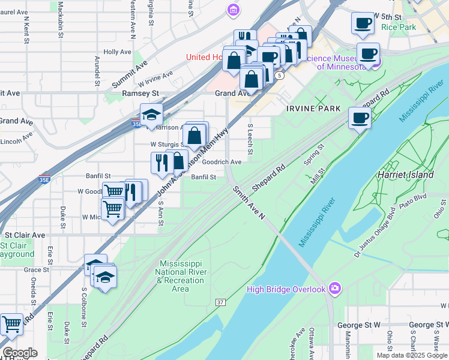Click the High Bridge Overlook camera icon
click(x=335, y=289)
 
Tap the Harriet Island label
click(x=402, y=174)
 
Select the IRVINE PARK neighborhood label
click(x=313, y=109)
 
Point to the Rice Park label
click(x=398, y=28)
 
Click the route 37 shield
click(x=221, y=301)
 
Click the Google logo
click(x=19, y=352)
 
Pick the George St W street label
click(x=358, y=325)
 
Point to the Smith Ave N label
click(x=249, y=202)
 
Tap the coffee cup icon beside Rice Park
click(x=362, y=23)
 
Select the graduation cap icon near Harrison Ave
click(x=151, y=113)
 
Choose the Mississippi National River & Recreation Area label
click(x=181, y=276)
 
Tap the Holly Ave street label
click(x=117, y=52)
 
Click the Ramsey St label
click(x=140, y=94)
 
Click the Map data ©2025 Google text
click(x=412, y=355)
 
